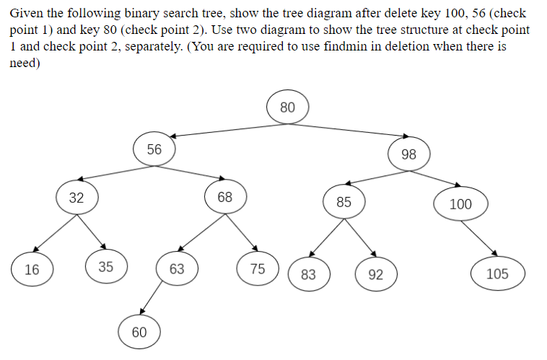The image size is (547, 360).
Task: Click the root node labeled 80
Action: tap(287, 107)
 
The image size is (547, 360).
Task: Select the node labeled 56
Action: tap(154, 149)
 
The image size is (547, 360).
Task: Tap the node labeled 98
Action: tap(408, 154)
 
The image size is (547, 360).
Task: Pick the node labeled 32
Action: tap(76, 198)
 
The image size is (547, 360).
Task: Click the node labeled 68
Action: tap(224, 197)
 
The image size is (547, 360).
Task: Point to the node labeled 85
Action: tap(343, 202)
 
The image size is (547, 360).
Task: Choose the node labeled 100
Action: tap(460, 203)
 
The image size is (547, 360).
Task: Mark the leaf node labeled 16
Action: tap(32, 270)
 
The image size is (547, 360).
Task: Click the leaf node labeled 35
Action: tap(105, 267)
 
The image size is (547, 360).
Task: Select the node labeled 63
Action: tap(177, 269)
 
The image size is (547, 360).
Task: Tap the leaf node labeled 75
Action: tap(258, 269)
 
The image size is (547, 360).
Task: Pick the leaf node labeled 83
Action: tap(308, 274)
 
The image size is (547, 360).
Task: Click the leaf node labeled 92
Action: tap(375, 274)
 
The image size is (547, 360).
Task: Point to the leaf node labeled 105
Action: tap(497, 273)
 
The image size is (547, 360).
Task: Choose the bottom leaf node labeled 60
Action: tap(139, 332)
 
